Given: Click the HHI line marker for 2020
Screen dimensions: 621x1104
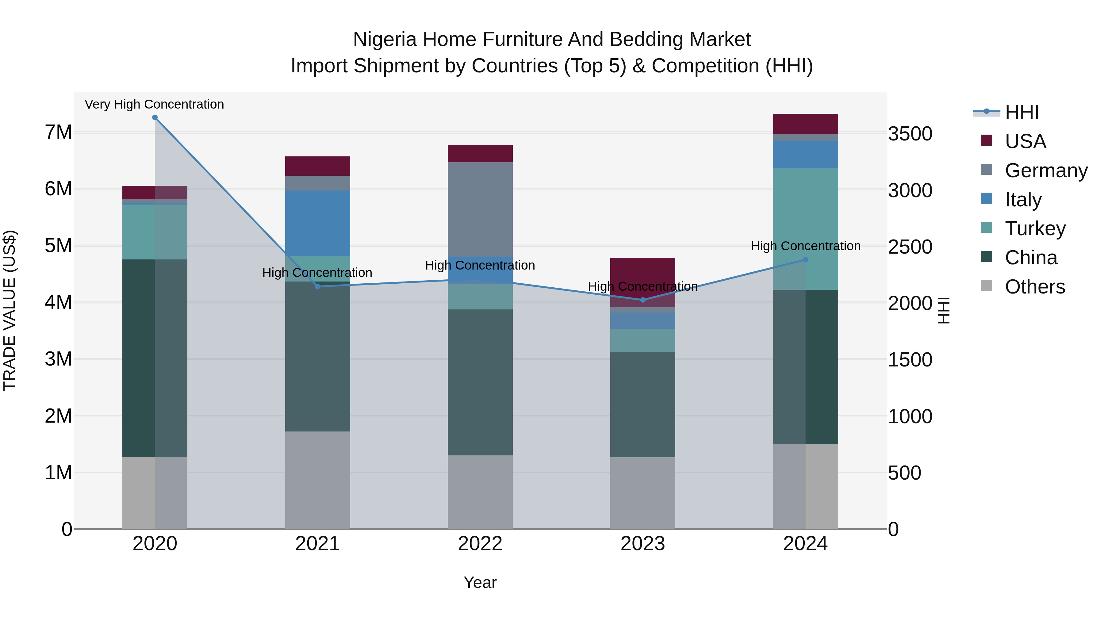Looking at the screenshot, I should coord(155,117).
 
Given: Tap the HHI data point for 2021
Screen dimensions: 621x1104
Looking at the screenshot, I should coord(318,286).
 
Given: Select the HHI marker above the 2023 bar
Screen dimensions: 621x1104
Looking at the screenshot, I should coord(643,300).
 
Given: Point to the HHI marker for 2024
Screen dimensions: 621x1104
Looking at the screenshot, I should coord(805,260).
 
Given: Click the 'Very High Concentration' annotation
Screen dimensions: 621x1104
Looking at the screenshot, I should coord(154,104).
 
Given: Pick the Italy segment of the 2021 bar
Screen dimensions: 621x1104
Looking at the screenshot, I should coord(318,223).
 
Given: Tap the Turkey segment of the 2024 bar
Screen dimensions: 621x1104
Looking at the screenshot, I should coord(805,214).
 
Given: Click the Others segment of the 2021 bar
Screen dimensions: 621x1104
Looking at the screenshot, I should coord(318,480).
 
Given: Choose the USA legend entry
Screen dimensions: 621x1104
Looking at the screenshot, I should coord(1025,141).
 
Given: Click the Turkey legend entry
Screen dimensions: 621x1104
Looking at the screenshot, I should coord(1035,228).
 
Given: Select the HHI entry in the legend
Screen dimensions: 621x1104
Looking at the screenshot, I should coord(1022,112).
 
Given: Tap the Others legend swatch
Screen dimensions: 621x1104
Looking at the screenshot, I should coord(987,286).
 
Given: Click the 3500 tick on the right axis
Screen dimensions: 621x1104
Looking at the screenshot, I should coord(910,134).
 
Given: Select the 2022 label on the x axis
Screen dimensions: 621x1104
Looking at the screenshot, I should coord(480,544).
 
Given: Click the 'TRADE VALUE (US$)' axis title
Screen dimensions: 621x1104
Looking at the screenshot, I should coord(10,310).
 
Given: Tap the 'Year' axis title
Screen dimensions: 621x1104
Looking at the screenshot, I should coord(480,582).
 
